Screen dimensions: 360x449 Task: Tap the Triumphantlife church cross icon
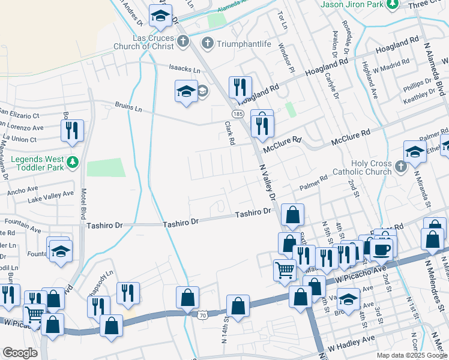pos(207,43)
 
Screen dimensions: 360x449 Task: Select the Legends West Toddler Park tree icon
pos(73,162)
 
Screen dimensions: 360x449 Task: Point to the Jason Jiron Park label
pos(352,4)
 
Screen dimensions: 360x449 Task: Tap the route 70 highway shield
pos(202,314)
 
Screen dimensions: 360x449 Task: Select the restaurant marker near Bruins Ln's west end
pos(72,130)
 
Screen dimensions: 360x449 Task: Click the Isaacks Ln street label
pos(184,70)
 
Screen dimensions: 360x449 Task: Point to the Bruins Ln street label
pos(128,107)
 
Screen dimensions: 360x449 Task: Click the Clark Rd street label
pos(229,133)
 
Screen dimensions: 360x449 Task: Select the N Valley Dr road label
pos(267,184)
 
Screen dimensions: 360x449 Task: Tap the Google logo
pos(20,353)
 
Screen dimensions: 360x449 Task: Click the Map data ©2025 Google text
pos(411,355)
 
